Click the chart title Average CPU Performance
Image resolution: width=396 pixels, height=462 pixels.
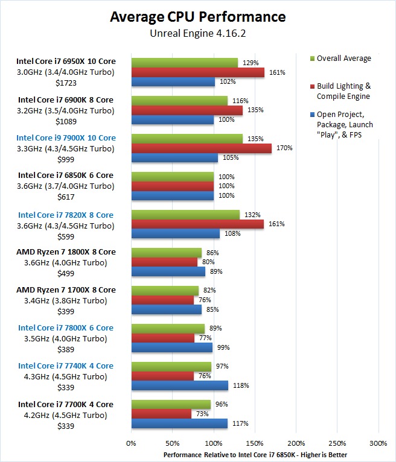(198, 17)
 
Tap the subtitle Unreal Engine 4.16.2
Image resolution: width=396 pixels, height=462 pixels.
(198, 34)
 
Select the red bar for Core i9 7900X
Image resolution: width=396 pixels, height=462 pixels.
(201, 148)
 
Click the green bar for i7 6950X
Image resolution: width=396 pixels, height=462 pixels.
(184, 63)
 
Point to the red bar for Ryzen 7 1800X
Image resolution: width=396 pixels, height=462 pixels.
(164, 262)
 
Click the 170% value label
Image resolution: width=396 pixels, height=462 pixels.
(284, 148)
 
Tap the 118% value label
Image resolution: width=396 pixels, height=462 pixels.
(241, 385)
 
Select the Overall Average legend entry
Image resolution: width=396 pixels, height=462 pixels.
(343, 59)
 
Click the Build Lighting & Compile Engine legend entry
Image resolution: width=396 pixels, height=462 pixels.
(343, 91)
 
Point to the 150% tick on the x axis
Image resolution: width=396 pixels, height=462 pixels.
(255, 443)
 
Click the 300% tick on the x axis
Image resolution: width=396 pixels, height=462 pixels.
(378, 443)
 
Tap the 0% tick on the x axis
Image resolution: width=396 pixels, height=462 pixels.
(131, 443)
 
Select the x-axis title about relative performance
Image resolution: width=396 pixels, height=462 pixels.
(255, 454)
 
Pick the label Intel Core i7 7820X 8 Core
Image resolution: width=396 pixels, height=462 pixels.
(66, 215)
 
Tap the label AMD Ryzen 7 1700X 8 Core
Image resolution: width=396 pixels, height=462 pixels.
(66, 290)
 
